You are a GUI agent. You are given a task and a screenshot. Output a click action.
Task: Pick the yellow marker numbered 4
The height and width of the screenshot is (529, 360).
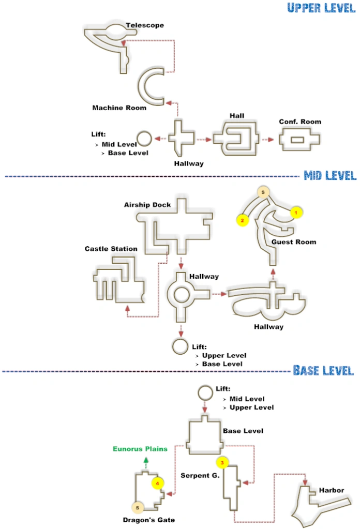(x=157, y=483)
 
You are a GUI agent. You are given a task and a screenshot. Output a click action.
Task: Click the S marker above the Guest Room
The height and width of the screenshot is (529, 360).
(x=263, y=193)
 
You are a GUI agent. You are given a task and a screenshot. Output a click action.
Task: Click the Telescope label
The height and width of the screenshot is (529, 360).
(x=145, y=25)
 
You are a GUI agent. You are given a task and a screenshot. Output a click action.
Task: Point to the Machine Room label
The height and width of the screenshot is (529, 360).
(x=119, y=108)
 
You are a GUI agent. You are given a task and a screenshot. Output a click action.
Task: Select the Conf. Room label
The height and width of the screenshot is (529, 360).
(x=300, y=122)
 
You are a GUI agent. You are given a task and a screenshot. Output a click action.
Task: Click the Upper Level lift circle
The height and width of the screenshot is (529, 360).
(x=144, y=139)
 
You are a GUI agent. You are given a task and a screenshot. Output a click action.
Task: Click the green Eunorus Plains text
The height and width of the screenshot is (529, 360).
(x=141, y=449)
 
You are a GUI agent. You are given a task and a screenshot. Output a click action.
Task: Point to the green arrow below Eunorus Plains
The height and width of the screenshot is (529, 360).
(x=146, y=462)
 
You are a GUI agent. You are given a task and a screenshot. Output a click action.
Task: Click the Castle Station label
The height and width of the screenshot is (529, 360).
(x=111, y=249)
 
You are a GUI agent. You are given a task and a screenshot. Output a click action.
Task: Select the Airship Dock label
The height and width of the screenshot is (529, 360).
(x=147, y=205)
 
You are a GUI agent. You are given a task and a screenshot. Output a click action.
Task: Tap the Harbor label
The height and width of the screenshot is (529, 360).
(x=332, y=490)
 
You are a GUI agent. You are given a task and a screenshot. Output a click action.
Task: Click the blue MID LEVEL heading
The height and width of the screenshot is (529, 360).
(x=330, y=176)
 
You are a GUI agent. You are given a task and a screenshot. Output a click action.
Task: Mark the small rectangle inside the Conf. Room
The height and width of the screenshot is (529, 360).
(x=299, y=140)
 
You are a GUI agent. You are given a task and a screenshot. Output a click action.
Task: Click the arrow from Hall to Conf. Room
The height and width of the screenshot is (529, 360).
(x=267, y=139)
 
